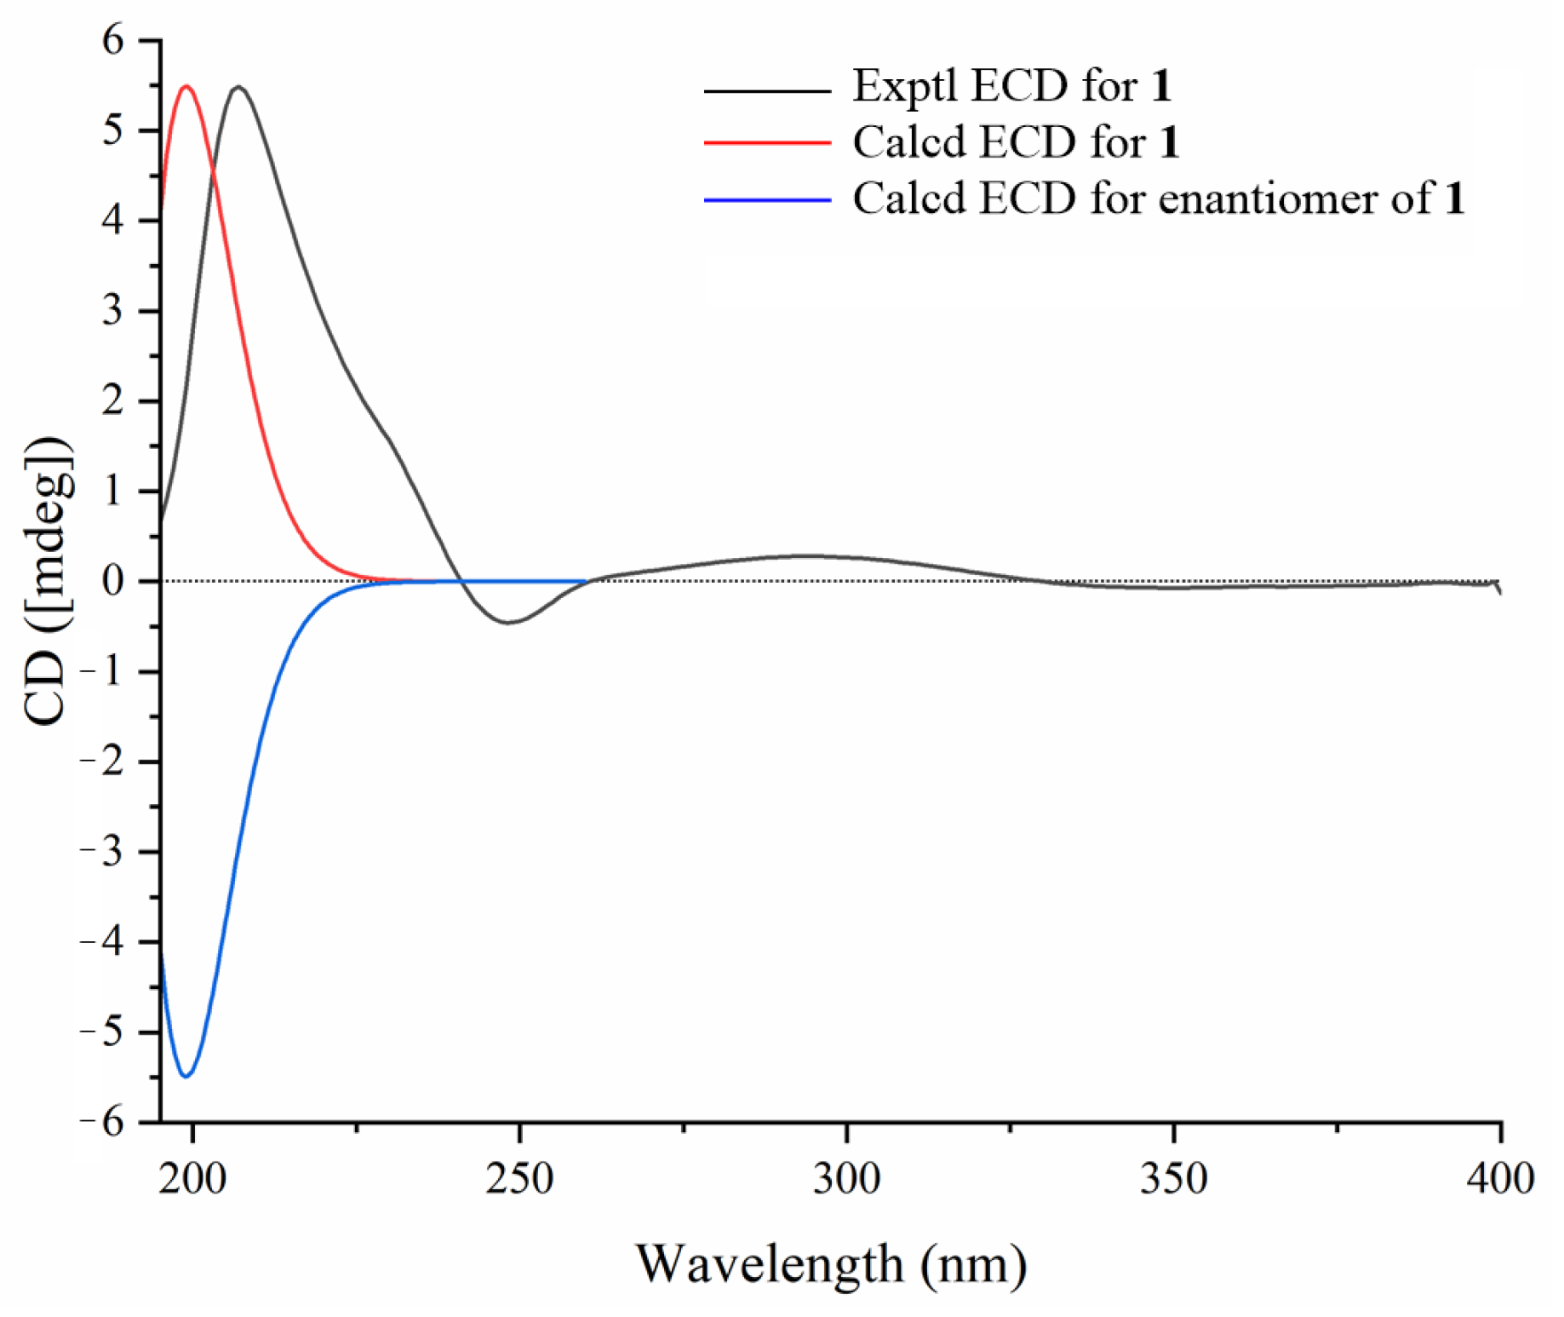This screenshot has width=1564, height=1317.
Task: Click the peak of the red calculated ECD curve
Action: point(186,86)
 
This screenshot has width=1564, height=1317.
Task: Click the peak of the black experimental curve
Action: point(238,87)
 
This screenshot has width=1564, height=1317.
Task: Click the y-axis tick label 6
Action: point(113,40)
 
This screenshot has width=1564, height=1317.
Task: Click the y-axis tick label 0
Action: point(113,581)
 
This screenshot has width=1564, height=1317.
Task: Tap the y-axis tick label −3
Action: point(102,852)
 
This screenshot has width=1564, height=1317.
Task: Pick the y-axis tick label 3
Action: point(113,311)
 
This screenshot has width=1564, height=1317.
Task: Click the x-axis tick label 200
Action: point(192,1179)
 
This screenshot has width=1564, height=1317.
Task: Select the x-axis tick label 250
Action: point(519,1179)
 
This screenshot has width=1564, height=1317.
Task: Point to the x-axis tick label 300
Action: point(847,1179)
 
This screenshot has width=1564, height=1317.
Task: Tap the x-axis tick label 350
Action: point(1174,1179)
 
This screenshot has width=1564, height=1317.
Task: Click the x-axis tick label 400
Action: point(1500,1179)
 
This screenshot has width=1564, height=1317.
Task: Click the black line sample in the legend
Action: point(767,90)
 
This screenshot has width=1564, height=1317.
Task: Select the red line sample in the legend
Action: point(767,143)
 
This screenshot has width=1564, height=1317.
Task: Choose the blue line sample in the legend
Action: point(767,200)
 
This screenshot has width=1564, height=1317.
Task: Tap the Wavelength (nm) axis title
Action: point(831,1263)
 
